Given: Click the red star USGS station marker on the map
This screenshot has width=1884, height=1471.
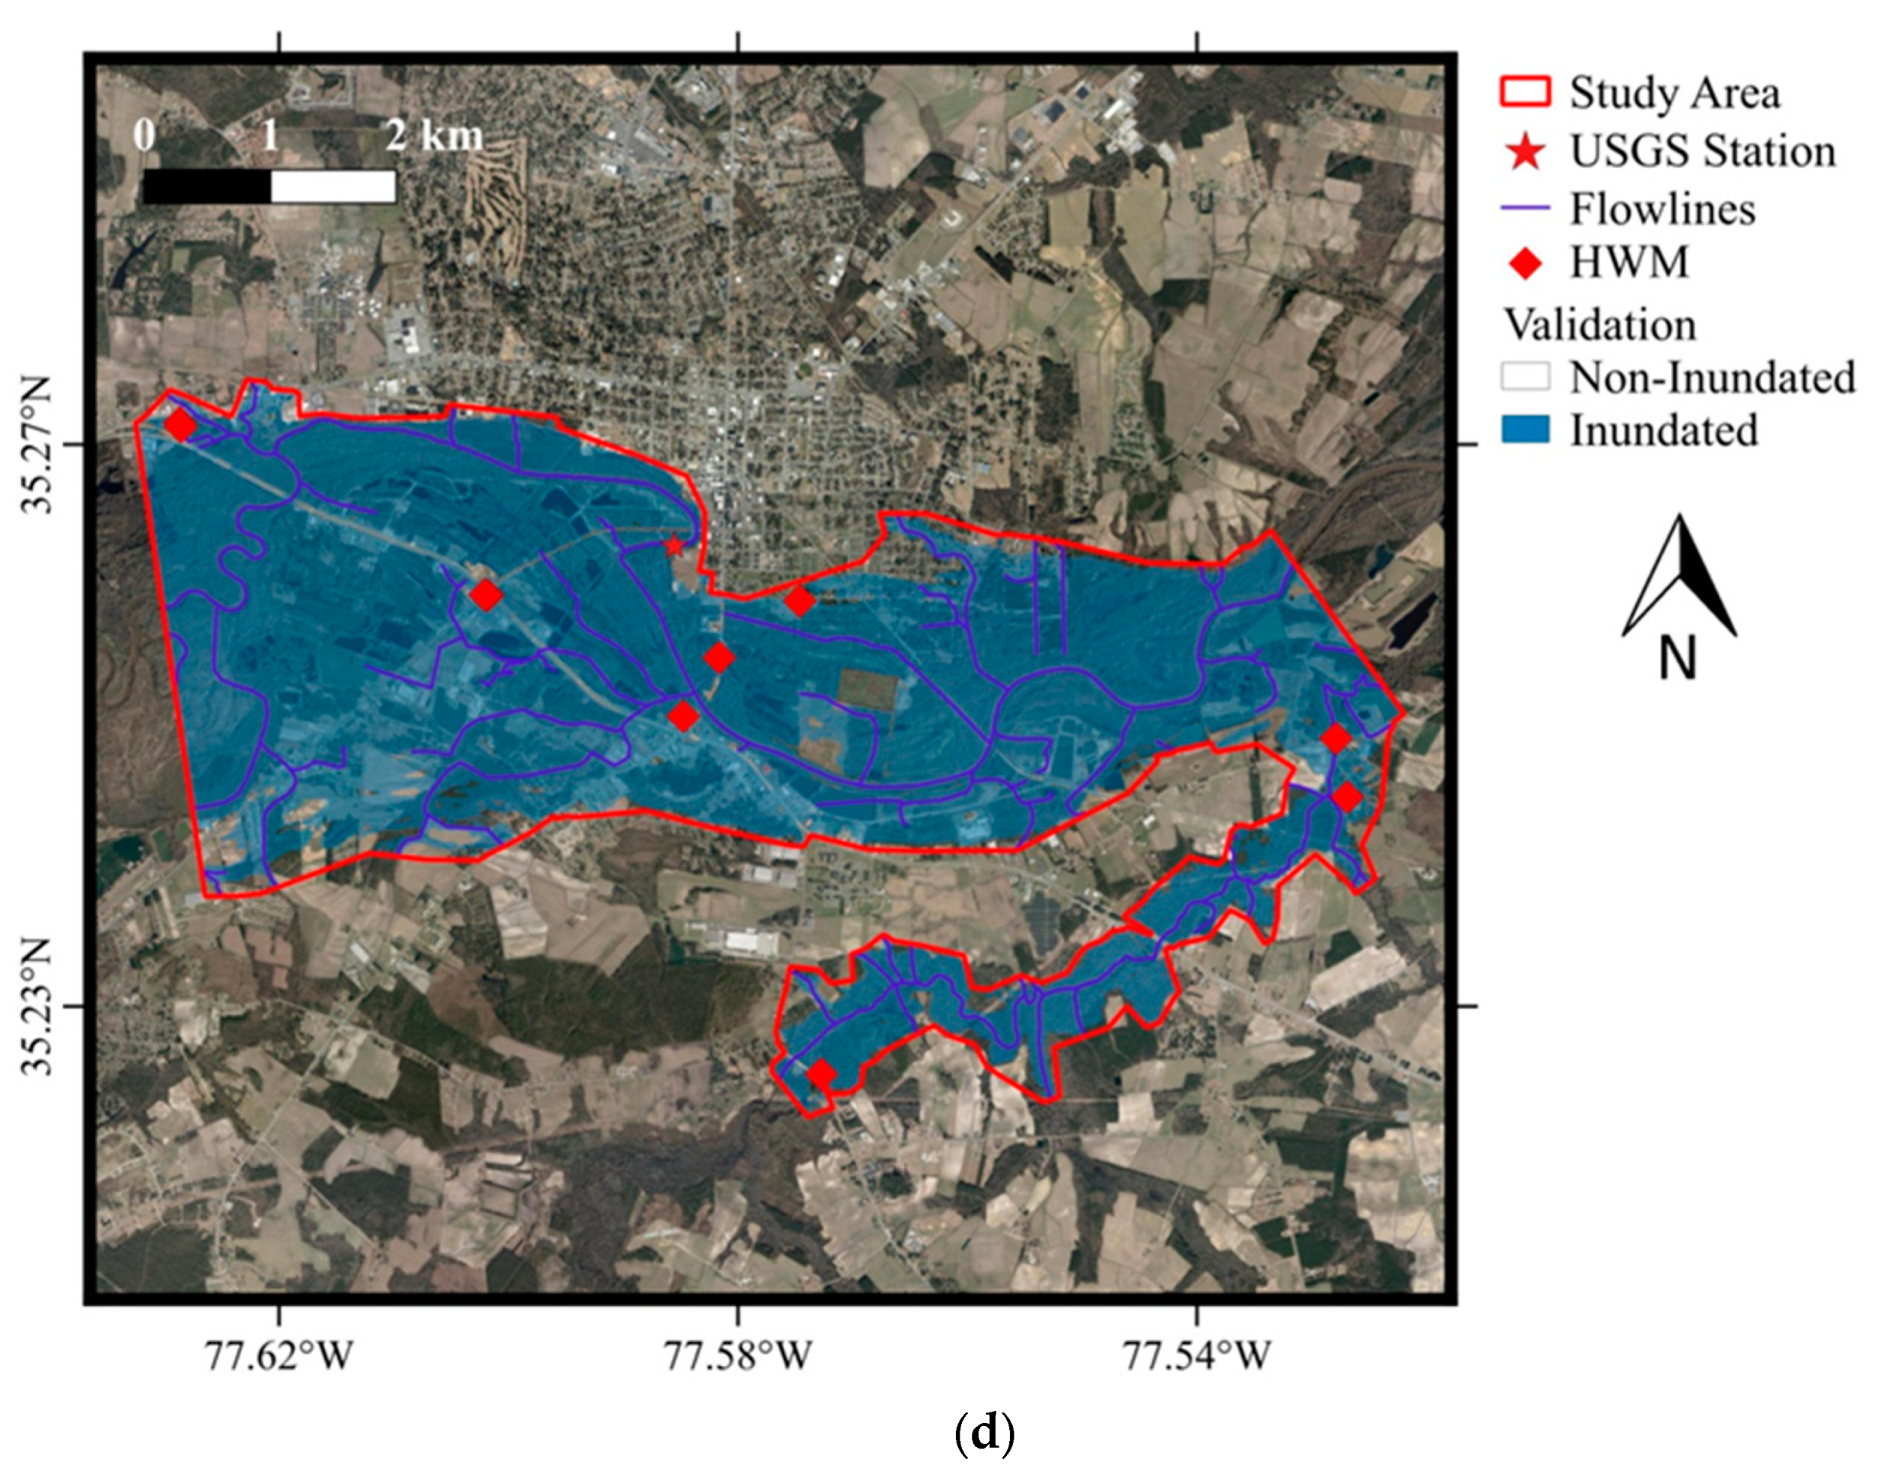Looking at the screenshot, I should pos(674,545).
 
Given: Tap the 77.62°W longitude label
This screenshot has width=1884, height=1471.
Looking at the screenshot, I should pos(279,1355).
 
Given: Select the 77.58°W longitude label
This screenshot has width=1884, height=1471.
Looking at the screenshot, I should pos(737,1355).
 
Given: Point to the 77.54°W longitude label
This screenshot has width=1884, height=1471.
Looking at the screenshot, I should pos(1196,1355).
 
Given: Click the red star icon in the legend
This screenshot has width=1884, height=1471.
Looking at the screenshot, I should pos(1525,152).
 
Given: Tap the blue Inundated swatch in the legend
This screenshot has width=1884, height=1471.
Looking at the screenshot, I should pos(1525,430).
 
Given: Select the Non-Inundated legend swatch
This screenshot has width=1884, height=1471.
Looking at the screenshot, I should pos(1525,377).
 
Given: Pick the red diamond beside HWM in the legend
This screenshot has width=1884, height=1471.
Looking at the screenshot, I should pos(1525,262).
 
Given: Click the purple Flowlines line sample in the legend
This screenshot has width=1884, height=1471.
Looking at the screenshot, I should pos(1525,208).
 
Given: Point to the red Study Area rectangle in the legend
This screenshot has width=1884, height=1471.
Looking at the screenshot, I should pos(1525,92).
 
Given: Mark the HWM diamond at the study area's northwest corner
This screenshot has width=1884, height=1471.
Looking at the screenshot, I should pos(180,425).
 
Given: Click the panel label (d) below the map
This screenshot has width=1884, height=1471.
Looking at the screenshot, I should pos(985,1433).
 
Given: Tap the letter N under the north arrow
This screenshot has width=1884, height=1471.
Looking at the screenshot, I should pos(1678,659).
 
